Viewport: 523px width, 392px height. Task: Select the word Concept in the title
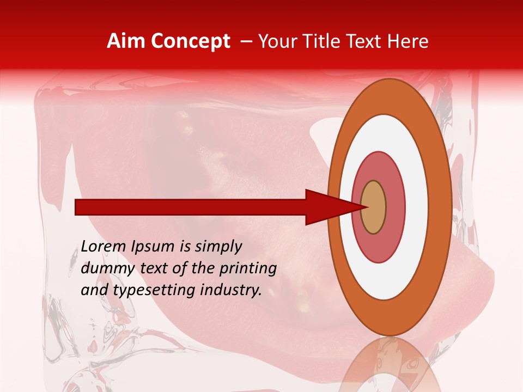(191, 41)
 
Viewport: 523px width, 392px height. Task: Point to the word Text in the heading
(366, 41)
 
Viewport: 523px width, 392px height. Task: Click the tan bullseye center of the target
(373, 207)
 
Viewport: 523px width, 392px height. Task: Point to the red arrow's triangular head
(327, 207)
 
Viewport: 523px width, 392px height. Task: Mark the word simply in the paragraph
(217, 247)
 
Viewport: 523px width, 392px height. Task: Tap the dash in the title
(246, 41)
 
